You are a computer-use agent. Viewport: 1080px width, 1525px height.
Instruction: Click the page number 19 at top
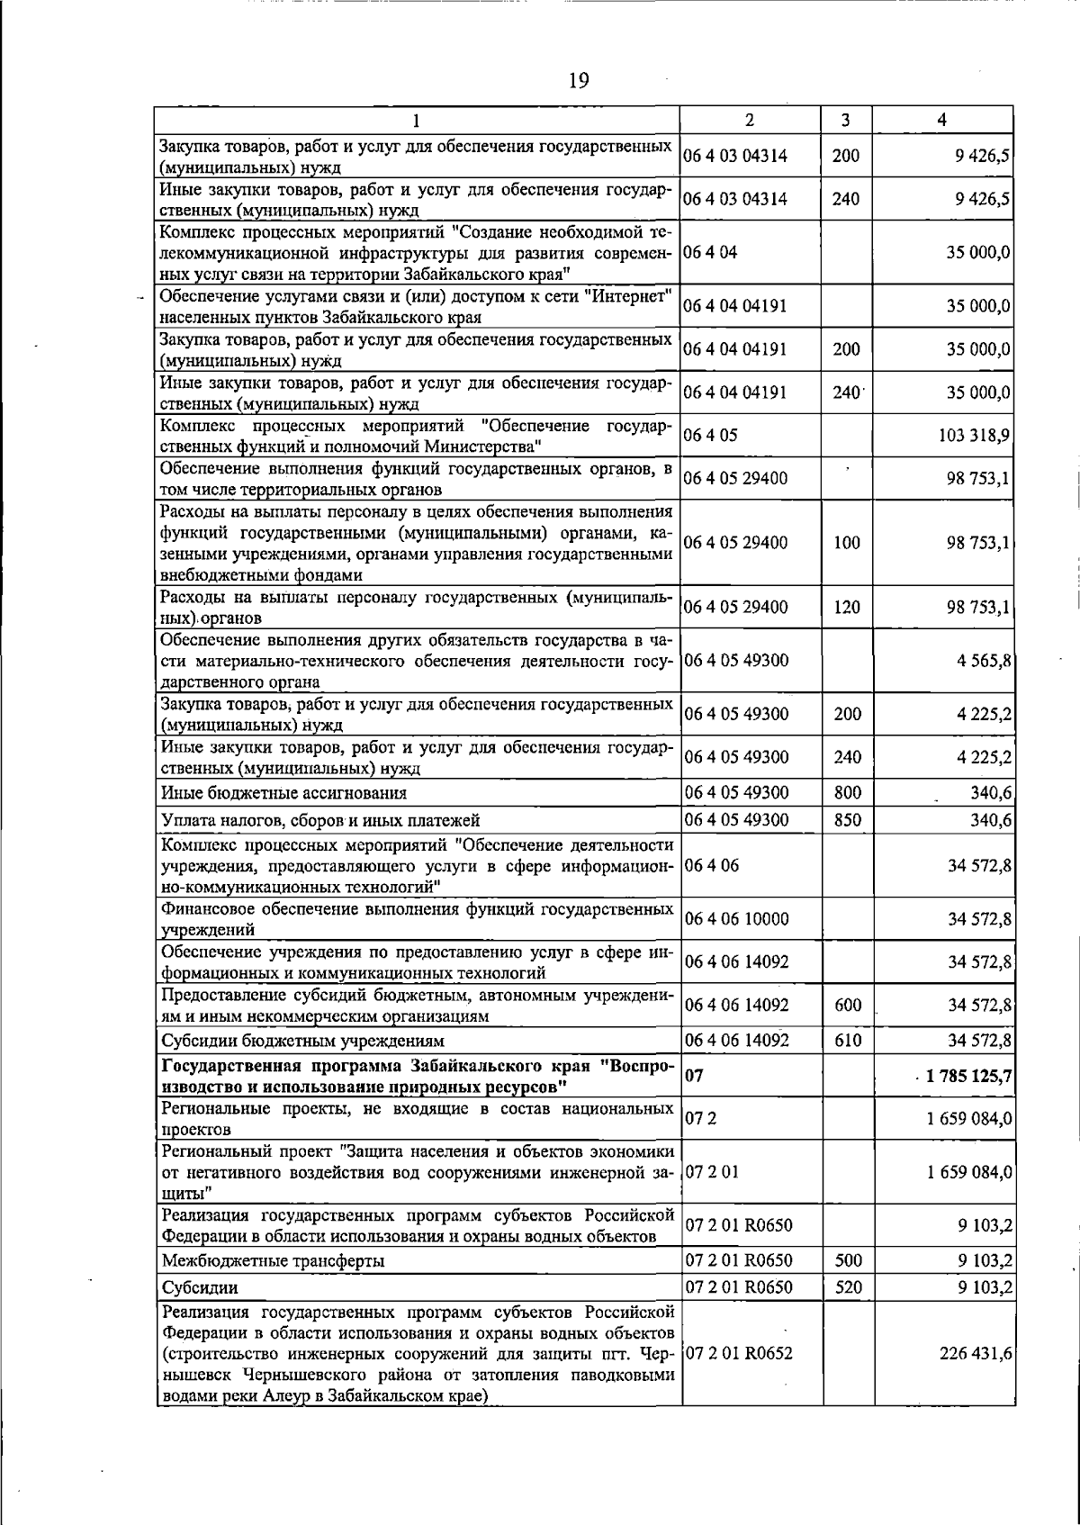tap(579, 82)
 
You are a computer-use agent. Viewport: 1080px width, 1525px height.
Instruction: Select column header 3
tap(846, 120)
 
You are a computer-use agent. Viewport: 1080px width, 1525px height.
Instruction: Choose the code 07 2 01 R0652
tap(738, 1353)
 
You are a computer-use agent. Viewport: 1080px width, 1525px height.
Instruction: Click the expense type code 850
tap(847, 819)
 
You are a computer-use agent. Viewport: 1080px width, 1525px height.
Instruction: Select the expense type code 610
tap(848, 1041)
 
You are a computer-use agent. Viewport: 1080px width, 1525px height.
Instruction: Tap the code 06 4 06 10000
tap(736, 918)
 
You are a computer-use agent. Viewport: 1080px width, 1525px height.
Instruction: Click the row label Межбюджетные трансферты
tap(273, 1260)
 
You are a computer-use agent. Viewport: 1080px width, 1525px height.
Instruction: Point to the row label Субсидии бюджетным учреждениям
tap(302, 1042)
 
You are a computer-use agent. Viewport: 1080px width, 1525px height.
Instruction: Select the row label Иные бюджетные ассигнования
tap(283, 793)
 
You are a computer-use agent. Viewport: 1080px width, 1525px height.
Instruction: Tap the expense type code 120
tap(847, 607)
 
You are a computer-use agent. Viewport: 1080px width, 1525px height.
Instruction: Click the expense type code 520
tap(848, 1287)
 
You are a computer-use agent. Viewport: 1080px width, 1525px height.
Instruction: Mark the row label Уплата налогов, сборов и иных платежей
tap(320, 820)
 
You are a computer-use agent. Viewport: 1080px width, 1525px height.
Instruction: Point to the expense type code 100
tap(847, 543)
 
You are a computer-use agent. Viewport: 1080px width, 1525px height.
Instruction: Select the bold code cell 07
tap(694, 1075)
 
